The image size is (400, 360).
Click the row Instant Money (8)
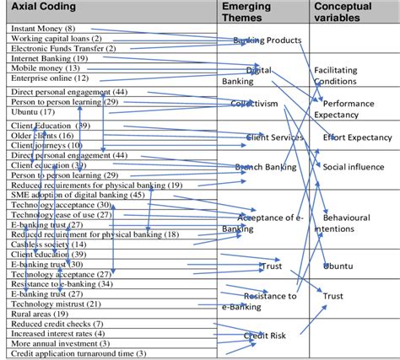coord(46,29)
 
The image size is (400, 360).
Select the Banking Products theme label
coord(267,40)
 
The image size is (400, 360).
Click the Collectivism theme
coord(254,104)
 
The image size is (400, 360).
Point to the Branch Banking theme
coord(265,167)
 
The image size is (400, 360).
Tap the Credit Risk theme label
coord(265,336)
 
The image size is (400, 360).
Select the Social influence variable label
coord(354,167)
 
